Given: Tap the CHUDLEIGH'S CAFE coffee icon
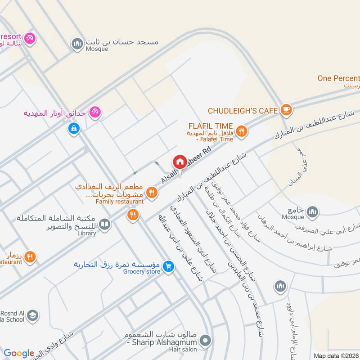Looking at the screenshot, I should [x=286, y=109].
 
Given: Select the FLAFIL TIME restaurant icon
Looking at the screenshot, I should [x=242, y=131].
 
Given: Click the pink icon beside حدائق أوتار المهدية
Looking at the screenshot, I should [x=94, y=112].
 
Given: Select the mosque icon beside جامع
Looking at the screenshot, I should [x=312, y=211].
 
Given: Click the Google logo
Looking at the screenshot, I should [x=19, y=354].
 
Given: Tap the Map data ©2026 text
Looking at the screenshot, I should [x=336, y=356].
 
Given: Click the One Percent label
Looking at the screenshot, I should [x=338, y=78].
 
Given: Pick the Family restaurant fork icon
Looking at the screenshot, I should [x=152, y=193].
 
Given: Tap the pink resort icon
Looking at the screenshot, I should [x=30, y=38].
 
